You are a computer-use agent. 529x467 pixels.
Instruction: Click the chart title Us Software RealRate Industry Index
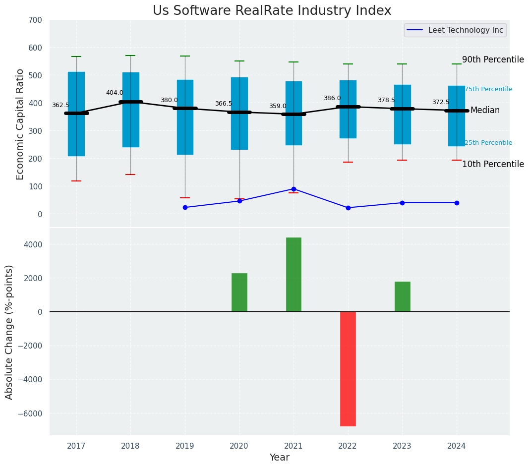point(272,11)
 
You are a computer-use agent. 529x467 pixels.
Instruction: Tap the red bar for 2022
point(348,368)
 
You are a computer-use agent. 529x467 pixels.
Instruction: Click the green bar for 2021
point(294,275)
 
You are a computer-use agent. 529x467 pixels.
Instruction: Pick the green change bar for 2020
point(239,292)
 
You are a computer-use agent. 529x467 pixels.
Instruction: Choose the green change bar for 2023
point(402,296)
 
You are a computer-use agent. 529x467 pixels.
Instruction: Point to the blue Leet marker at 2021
point(294,189)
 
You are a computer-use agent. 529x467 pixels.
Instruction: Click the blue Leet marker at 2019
point(185,207)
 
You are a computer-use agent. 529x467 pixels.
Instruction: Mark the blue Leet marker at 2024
point(457,203)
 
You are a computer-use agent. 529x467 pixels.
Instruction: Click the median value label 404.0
point(115,93)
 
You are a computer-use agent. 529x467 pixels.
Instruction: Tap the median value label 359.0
point(278,106)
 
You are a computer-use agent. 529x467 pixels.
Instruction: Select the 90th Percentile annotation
point(493,59)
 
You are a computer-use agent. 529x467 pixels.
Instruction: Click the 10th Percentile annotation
point(493,164)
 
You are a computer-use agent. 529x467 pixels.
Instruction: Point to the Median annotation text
point(485,110)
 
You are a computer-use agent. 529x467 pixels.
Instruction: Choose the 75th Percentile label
point(488,89)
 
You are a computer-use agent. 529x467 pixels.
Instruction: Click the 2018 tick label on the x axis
point(130,446)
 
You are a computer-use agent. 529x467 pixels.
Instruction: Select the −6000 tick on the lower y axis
point(30,413)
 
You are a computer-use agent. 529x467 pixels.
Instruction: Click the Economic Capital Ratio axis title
point(20,124)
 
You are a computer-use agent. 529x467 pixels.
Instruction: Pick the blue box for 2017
point(76,114)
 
